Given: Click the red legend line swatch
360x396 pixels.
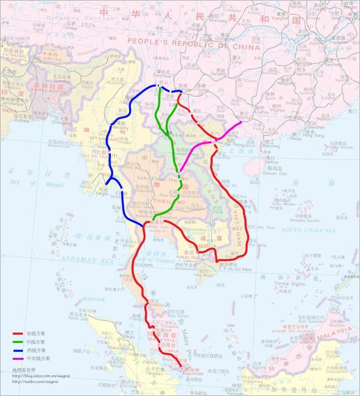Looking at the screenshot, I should click(x=18, y=333).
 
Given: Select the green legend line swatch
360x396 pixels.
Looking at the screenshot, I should click(x=18, y=342).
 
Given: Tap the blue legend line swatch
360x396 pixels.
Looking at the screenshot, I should click(x=18, y=351).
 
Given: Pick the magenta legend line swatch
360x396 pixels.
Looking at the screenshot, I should click(x=18, y=359).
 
